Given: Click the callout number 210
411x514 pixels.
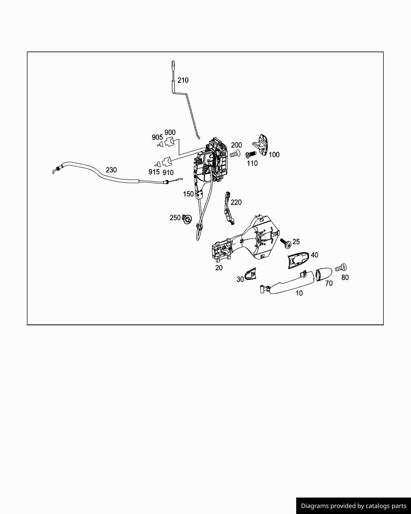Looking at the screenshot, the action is [183, 80].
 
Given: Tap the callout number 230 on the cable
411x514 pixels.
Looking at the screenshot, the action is [111, 170].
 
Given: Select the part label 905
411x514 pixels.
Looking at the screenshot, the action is [157, 137].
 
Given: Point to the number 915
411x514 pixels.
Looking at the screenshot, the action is [154, 172].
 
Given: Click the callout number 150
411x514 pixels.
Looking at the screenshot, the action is [188, 194].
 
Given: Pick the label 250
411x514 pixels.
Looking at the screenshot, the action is [175, 218].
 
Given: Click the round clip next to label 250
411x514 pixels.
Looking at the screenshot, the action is [187, 219].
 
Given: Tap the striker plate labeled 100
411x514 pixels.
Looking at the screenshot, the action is [260, 145].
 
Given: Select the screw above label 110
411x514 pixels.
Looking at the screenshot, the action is [251, 154].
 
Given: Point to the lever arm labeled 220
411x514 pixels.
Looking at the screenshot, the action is [228, 208].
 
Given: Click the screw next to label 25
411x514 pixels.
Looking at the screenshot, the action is [286, 243].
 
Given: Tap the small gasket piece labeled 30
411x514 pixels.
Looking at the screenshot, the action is [250, 274].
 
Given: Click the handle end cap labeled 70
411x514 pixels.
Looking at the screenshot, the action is [324, 274].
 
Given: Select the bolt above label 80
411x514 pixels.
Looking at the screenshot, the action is [341, 267].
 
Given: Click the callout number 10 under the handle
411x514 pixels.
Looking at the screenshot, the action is [299, 293].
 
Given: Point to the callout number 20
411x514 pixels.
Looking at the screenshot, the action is [219, 268].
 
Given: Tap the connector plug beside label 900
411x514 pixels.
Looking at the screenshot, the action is [169, 143].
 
